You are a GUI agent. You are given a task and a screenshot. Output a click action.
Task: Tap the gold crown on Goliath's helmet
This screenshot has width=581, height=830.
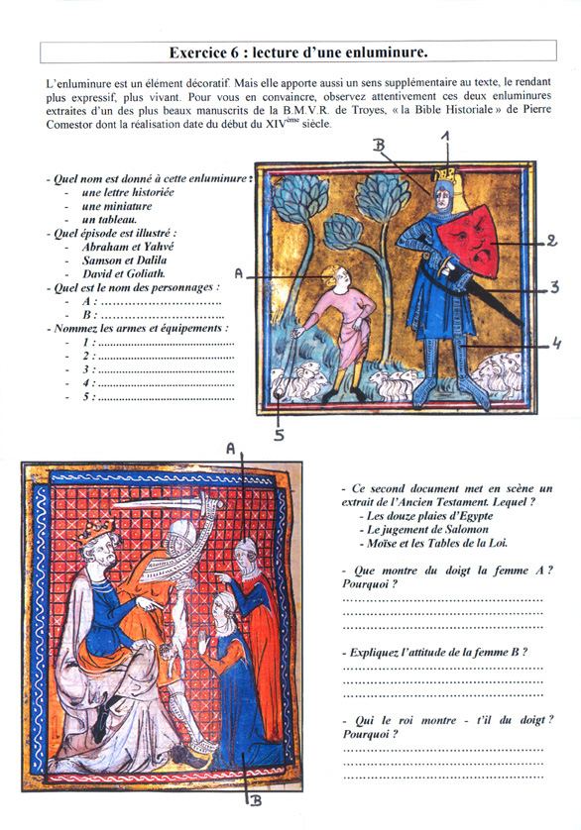pos(444,174)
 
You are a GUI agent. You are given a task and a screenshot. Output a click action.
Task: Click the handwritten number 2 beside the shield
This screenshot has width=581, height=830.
pos(552,241)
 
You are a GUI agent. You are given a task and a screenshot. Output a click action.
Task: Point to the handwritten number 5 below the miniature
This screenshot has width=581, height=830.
pos(279,435)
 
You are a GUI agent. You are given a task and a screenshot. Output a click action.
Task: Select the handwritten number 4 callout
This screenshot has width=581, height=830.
pos(555,344)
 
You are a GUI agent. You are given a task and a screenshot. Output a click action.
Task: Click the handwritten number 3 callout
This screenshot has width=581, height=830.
pos(554,287)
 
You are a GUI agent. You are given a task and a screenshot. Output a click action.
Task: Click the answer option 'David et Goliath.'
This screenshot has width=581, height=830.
pos(124,273)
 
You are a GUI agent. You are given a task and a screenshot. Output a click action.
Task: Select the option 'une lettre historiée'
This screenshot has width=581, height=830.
pos(128,192)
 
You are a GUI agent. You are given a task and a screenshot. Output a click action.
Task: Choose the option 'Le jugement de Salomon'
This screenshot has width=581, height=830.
pos(427,529)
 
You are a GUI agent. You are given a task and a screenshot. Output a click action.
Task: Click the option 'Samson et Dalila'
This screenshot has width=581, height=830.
pos(124,259)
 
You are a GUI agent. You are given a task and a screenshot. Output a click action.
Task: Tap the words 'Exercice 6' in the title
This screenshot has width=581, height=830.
pos(204,52)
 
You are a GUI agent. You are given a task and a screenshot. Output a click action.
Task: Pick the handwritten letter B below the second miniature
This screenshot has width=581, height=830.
pos(256,801)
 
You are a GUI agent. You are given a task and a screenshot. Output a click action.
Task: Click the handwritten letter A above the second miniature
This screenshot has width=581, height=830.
pos(231,449)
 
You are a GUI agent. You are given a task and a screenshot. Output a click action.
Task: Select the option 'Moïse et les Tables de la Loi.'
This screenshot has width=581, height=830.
pos(437,543)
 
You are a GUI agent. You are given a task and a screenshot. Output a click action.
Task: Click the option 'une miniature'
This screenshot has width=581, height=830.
pos(117,206)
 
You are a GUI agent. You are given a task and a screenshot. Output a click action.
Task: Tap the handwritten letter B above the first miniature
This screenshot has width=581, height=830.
pos(379,145)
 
